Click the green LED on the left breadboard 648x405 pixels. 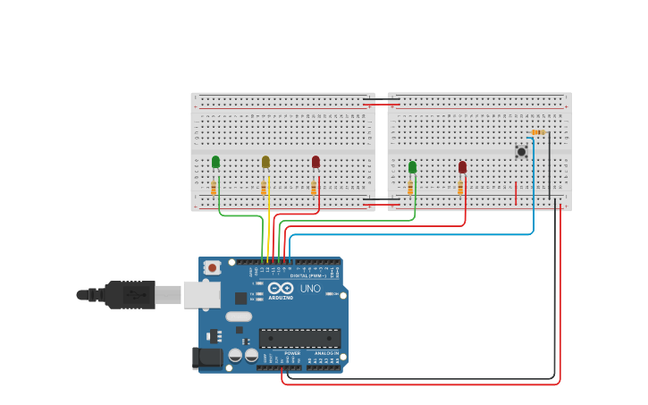tap(215, 162)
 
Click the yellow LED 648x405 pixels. tap(265, 162)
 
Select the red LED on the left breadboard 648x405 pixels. tap(316, 162)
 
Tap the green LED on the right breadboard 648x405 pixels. tap(412, 167)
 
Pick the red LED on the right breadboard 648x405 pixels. tap(462, 167)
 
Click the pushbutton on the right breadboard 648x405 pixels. tap(521, 152)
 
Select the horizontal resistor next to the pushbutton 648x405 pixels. tap(537, 133)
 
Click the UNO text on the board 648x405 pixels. tap(310, 289)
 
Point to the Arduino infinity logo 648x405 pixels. tap(281, 288)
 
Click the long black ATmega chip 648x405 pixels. tap(299, 338)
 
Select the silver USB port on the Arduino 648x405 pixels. tap(201, 294)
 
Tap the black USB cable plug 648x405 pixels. tap(130, 294)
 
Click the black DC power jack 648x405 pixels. tap(207, 359)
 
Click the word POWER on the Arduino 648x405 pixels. tap(292, 353)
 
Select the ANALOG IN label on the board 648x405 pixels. tap(325, 353)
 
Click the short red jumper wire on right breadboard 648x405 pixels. tap(516, 193)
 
